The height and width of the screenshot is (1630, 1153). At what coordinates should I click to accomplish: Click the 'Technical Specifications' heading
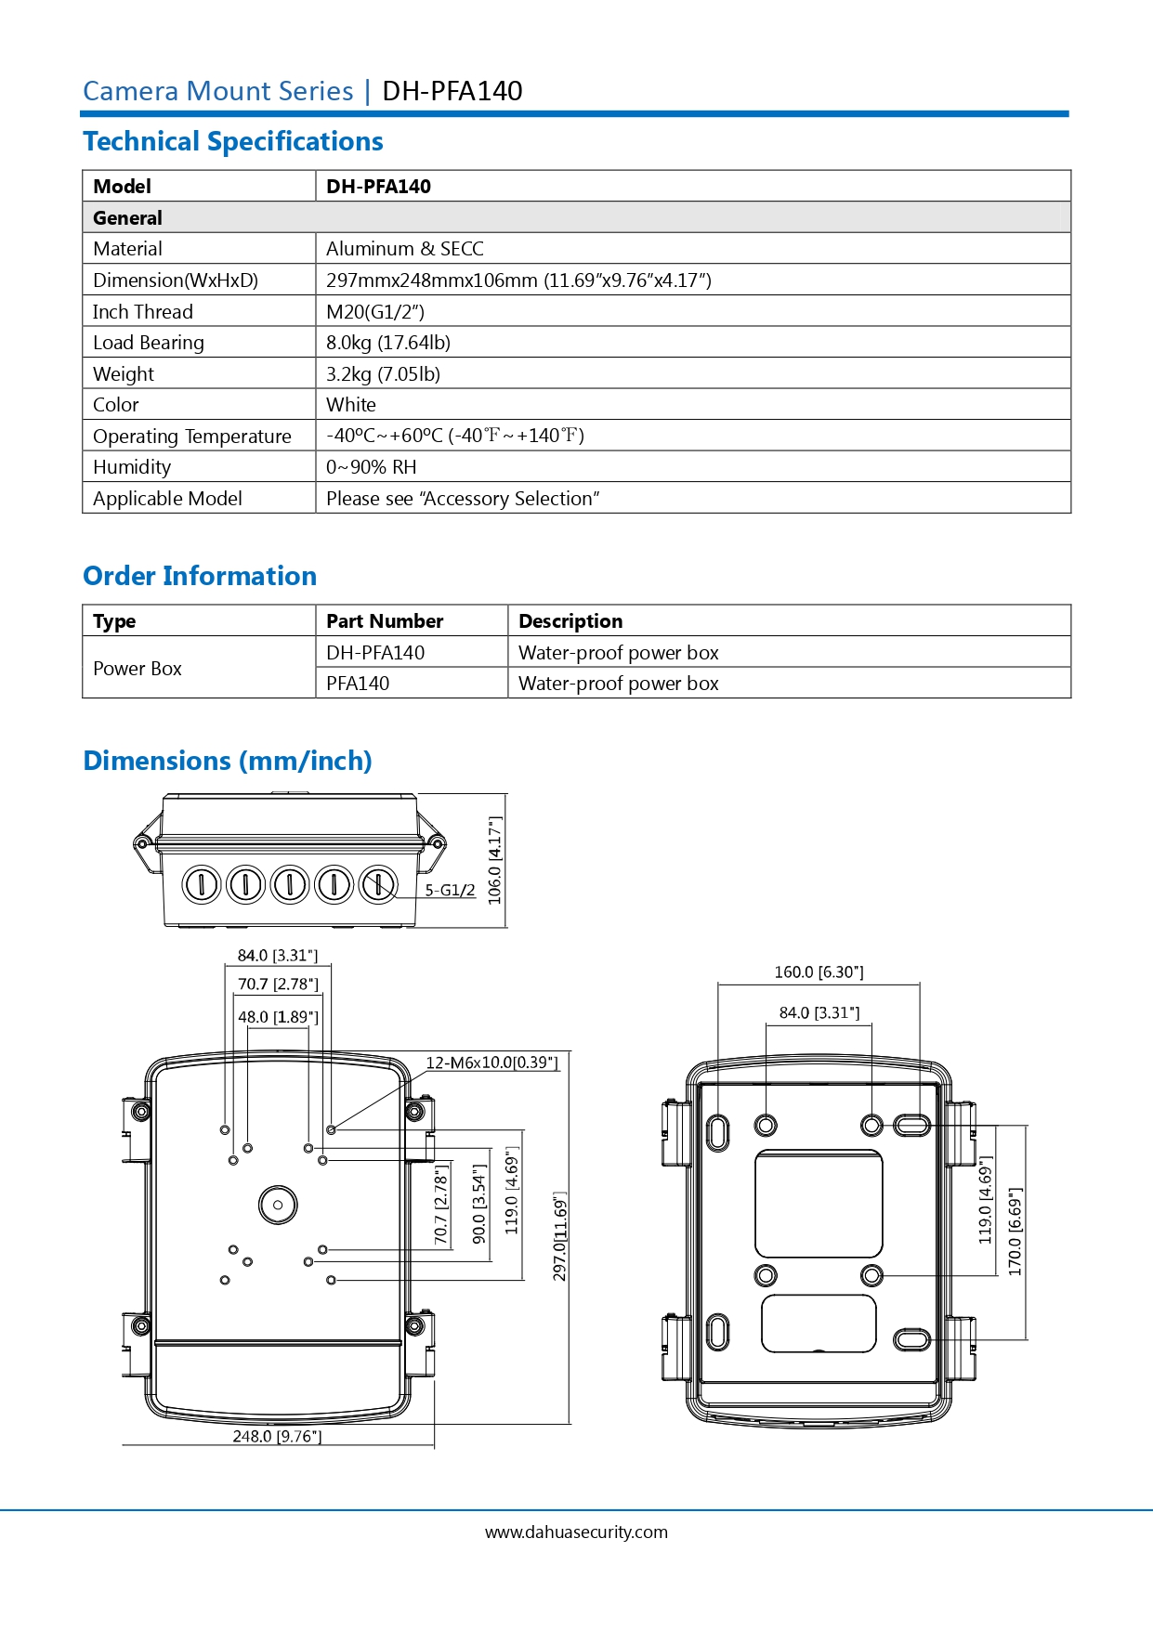(233, 142)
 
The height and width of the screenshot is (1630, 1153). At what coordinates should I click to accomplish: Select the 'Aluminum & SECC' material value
(405, 249)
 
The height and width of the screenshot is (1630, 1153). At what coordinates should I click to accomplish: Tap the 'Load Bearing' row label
(149, 343)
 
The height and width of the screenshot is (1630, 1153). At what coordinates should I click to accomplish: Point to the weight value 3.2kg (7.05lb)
(383, 374)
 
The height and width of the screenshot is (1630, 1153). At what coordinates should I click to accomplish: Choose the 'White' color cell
(351, 405)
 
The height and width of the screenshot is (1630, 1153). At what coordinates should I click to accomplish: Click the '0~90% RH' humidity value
(371, 467)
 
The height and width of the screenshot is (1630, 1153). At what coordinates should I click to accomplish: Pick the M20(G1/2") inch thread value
(375, 312)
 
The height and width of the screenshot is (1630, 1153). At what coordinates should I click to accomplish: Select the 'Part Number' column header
(385, 621)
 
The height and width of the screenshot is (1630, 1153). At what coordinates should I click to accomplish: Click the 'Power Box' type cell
(138, 669)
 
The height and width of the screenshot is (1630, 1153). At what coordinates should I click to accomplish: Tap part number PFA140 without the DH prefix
(358, 684)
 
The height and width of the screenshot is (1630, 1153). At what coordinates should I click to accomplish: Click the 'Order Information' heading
(200, 577)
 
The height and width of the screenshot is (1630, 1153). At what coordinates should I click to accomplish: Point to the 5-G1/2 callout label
(450, 890)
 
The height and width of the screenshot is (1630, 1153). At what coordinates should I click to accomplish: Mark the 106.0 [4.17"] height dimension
(495, 860)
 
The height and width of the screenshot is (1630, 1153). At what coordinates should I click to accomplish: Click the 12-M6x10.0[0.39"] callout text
(492, 1063)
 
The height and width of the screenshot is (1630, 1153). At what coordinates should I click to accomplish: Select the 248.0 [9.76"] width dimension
(277, 1437)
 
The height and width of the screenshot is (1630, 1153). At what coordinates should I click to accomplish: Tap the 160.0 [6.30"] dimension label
(819, 972)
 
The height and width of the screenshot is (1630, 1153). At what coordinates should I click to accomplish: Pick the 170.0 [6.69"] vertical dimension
(1015, 1232)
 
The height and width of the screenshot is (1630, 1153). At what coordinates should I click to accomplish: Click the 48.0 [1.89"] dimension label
(278, 1017)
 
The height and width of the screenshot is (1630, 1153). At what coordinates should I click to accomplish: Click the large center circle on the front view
(278, 1205)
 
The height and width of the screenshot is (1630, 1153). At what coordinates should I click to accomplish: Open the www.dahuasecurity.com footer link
(576, 1532)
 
